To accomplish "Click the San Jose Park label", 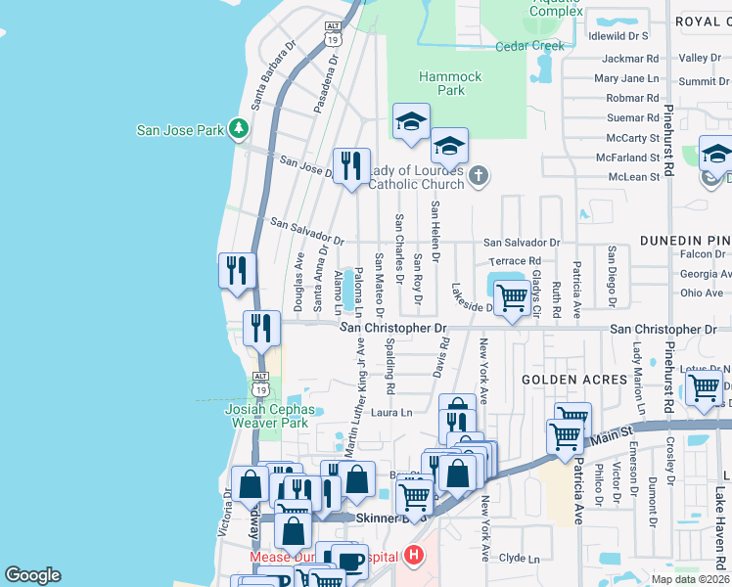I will click(x=179, y=129).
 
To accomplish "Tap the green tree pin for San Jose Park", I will click(x=237, y=128).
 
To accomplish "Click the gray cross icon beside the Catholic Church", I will click(x=478, y=176).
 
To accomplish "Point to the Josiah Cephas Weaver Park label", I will click(x=267, y=416).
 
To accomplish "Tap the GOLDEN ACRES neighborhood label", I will click(x=573, y=380).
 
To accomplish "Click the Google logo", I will click(x=33, y=575).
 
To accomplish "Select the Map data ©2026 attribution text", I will click(x=689, y=579).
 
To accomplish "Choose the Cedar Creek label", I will click(x=529, y=46).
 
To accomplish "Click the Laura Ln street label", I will click(x=391, y=413).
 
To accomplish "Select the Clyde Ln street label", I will click(x=519, y=559).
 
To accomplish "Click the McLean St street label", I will click(x=633, y=177).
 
